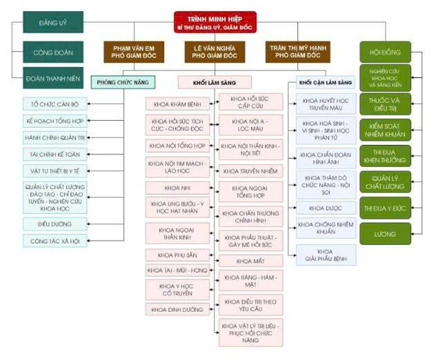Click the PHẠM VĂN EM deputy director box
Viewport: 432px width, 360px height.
132,52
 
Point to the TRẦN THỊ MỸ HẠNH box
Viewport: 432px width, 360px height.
293,52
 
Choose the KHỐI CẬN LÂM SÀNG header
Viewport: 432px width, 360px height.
325,82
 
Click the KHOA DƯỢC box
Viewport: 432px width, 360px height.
325,207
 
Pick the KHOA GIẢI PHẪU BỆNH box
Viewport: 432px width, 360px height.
325,255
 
